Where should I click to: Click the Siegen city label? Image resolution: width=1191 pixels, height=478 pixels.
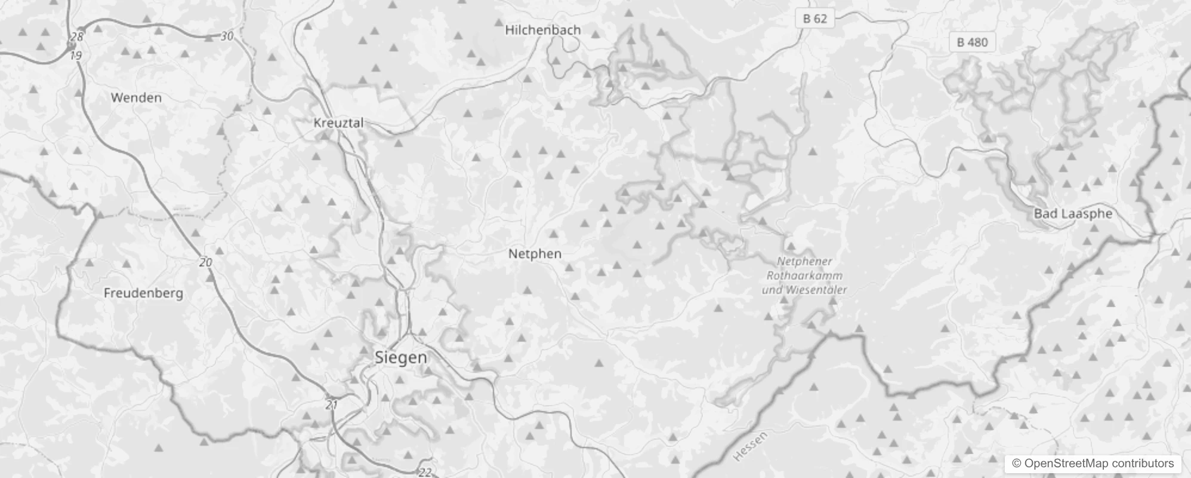click(x=400, y=357)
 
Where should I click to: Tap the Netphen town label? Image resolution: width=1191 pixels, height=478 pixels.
click(x=535, y=254)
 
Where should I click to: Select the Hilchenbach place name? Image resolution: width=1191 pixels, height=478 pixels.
click(x=542, y=30)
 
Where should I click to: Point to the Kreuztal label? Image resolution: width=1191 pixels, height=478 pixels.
click(x=338, y=122)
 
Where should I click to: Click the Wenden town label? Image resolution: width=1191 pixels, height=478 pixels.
click(x=136, y=97)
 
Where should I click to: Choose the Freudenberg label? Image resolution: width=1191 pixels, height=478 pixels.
click(x=143, y=293)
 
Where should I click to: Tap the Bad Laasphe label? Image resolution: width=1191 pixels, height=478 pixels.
click(x=1073, y=214)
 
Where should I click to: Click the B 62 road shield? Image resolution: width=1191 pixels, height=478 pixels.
click(x=814, y=19)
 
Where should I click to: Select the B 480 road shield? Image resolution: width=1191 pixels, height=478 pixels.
click(x=972, y=42)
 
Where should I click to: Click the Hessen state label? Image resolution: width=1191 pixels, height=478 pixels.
click(x=750, y=446)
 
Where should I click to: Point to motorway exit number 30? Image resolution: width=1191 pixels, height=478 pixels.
click(x=227, y=36)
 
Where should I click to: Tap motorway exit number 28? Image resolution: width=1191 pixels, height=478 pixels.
click(x=77, y=36)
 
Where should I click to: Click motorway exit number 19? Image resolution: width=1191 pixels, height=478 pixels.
click(x=75, y=56)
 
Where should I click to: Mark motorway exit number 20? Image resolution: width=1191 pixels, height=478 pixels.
click(x=205, y=262)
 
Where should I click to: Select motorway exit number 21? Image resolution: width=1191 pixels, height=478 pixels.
click(x=332, y=405)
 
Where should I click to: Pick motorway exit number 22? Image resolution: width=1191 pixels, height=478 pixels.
click(x=424, y=472)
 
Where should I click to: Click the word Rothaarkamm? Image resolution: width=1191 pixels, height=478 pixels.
click(x=804, y=275)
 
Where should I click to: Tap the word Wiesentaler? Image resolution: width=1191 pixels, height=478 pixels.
click(x=816, y=290)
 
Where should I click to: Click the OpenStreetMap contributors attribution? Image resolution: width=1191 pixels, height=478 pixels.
click(x=1092, y=463)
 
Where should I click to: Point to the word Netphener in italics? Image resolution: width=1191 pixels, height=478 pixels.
click(x=804, y=261)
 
